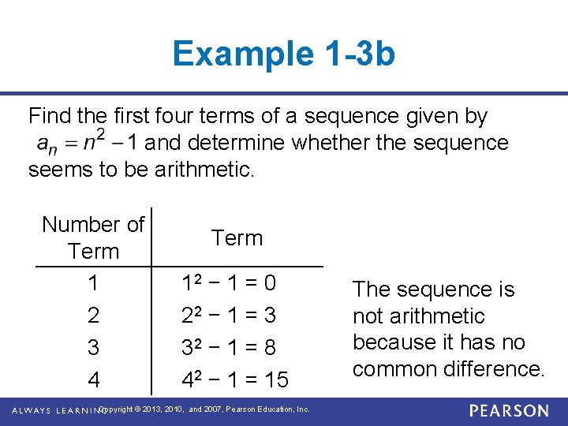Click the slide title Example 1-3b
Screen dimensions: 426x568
point(283,54)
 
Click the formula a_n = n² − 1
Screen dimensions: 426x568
point(88,143)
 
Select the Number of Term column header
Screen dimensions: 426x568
point(93,237)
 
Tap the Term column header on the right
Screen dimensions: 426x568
point(237,237)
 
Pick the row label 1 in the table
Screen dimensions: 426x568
point(93,282)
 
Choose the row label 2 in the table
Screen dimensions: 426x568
point(93,316)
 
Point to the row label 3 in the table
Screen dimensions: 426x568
point(93,348)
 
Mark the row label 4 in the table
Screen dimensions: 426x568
point(93,380)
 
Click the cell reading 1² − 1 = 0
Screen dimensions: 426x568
point(229,282)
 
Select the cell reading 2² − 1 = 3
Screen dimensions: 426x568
point(229,316)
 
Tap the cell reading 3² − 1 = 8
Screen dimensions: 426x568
point(229,348)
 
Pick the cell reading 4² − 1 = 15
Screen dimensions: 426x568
point(235,380)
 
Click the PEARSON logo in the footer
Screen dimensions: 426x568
point(509,411)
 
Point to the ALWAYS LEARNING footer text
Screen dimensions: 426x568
point(55,411)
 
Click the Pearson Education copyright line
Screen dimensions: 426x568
point(205,410)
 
